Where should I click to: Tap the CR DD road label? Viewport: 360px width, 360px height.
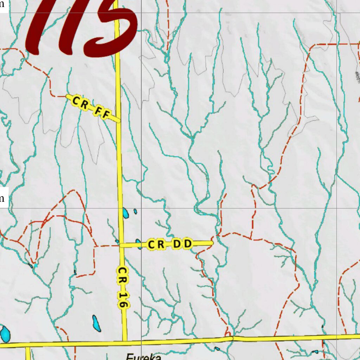170,244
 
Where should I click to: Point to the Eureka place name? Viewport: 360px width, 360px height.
143,356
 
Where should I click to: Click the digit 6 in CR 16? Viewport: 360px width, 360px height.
122,303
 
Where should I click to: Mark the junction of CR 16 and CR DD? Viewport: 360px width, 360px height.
121,245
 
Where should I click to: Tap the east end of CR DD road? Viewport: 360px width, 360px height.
212,243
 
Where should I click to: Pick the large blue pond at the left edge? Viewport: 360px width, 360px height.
5,334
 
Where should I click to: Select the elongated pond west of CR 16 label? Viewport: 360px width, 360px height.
96,323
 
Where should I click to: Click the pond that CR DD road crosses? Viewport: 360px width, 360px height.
140,244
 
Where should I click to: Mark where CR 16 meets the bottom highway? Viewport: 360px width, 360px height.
125,341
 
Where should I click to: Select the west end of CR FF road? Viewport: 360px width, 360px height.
67,96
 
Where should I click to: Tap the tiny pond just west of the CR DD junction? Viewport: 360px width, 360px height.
117,241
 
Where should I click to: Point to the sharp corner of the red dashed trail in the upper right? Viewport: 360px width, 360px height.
312,46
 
